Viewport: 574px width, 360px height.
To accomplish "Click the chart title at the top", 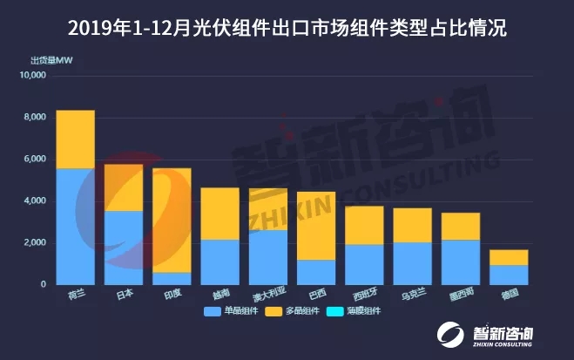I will coord(287,28).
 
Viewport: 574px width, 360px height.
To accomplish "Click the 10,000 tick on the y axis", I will coord(36,76).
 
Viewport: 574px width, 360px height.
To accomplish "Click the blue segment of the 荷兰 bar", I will coord(75,226).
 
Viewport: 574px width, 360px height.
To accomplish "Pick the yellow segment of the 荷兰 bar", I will coord(75,139).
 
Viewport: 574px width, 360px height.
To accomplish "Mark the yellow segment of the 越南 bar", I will coord(219,214).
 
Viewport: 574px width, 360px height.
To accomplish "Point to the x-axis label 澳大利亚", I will coord(267,294).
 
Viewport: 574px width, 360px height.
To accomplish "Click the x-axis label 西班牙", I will coord(364,294).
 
